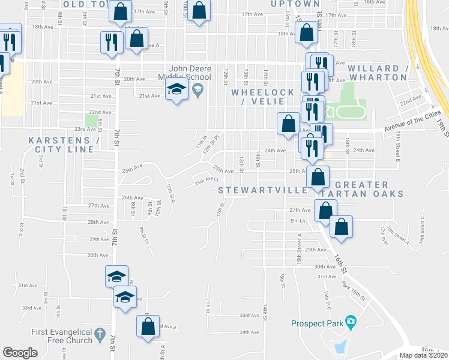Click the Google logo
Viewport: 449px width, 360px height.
[x=20, y=353]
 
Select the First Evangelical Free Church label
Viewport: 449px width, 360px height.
[x=62, y=336]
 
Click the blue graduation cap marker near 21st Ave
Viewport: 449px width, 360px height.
[x=176, y=91]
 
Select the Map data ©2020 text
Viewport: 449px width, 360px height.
[x=424, y=355]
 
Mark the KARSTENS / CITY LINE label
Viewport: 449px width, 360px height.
[x=64, y=145]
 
